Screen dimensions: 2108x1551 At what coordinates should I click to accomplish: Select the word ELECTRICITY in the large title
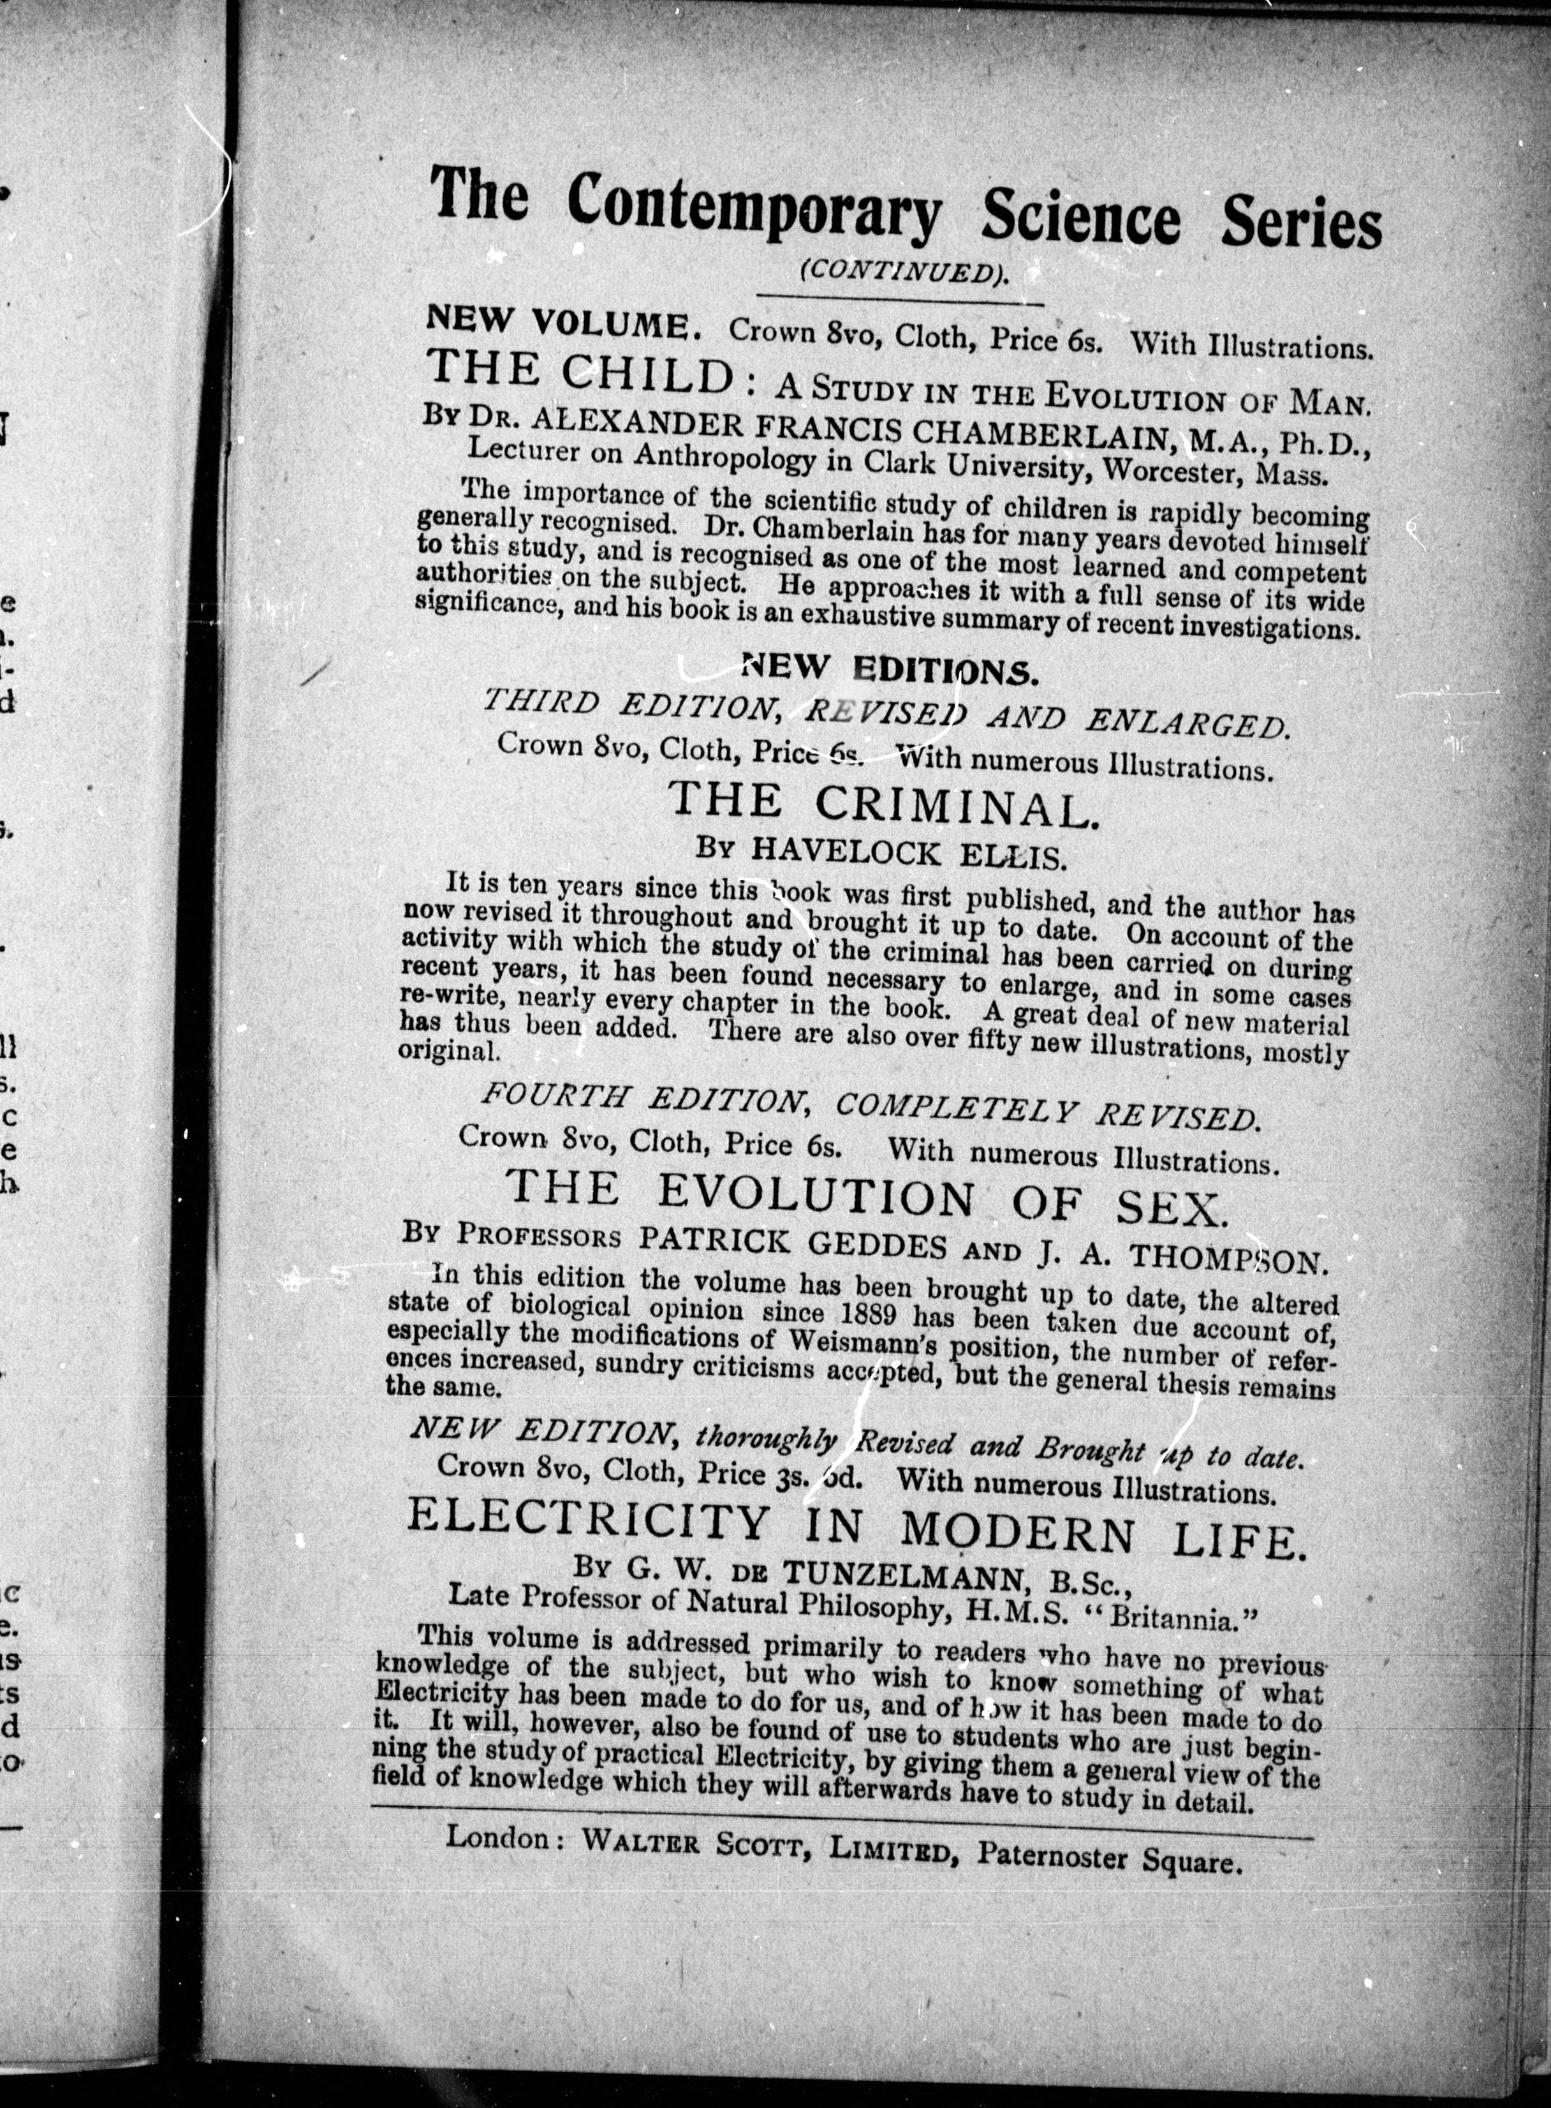tap(588, 1523)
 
